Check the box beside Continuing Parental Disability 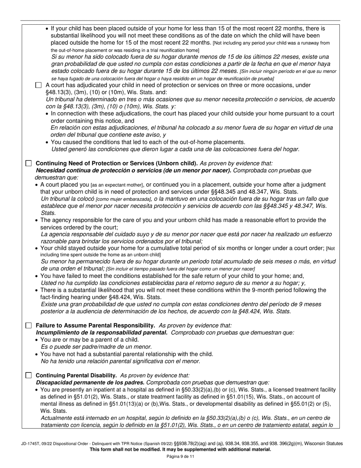28,375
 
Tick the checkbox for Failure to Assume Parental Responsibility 28,325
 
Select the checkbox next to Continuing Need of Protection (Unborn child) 28,163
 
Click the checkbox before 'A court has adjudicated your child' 38,85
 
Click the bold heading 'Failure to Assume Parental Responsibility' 95,325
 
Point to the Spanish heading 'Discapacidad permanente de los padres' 90,382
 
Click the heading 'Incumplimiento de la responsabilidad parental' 101,332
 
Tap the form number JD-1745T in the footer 32,443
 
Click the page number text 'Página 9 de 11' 180,457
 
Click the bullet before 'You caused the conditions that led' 47,142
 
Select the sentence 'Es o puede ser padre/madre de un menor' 96,347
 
